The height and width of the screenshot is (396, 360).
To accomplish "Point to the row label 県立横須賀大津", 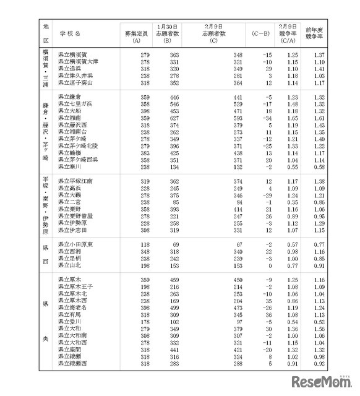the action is (78, 62).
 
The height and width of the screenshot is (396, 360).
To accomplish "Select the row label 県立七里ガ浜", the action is (75, 104).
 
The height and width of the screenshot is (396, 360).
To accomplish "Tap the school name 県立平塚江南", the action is (75, 181).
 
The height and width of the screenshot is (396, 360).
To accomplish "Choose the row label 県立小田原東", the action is (75, 245).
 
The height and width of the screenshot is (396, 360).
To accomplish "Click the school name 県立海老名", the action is (72, 308).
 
